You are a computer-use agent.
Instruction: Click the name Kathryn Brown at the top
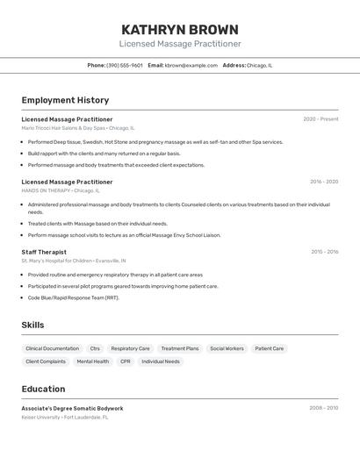(180, 30)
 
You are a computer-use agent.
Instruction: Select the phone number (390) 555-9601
(125, 65)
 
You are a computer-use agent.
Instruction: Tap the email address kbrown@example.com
(191, 65)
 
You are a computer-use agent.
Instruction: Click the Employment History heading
(65, 100)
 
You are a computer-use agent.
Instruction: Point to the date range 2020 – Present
(320, 119)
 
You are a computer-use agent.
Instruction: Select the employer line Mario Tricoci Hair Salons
(77, 128)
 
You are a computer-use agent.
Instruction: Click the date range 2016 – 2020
(324, 182)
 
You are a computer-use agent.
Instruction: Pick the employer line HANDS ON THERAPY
(61, 190)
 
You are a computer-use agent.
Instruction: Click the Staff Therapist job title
(44, 252)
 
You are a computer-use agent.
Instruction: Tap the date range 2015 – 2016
(324, 252)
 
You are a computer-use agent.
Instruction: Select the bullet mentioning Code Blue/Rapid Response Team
(73, 297)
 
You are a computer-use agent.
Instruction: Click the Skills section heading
(32, 325)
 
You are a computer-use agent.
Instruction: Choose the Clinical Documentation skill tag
(53, 348)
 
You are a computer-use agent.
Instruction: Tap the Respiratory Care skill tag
(130, 348)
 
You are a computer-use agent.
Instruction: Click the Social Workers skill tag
(227, 348)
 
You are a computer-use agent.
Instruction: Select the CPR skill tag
(126, 361)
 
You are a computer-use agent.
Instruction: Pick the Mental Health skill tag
(93, 361)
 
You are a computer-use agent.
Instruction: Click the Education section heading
(43, 389)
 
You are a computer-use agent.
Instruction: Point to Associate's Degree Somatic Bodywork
(72, 408)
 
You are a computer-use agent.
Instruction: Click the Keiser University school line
(65, 418)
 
